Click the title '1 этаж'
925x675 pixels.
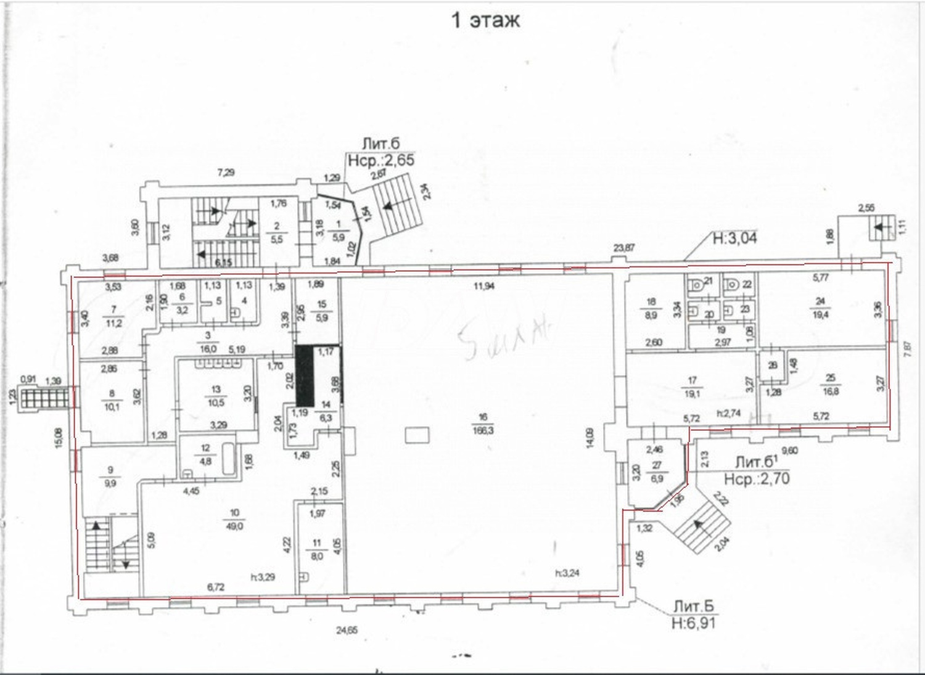[486, 20]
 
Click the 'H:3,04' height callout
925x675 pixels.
[734, 237]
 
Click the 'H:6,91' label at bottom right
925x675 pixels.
[694, 623]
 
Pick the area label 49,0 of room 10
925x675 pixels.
[235, 526]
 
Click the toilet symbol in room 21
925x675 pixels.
[697, 285]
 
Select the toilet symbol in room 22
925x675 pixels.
[734, 285]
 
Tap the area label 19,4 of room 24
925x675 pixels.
[820, 314]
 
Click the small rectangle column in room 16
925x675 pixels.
[416, 436]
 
